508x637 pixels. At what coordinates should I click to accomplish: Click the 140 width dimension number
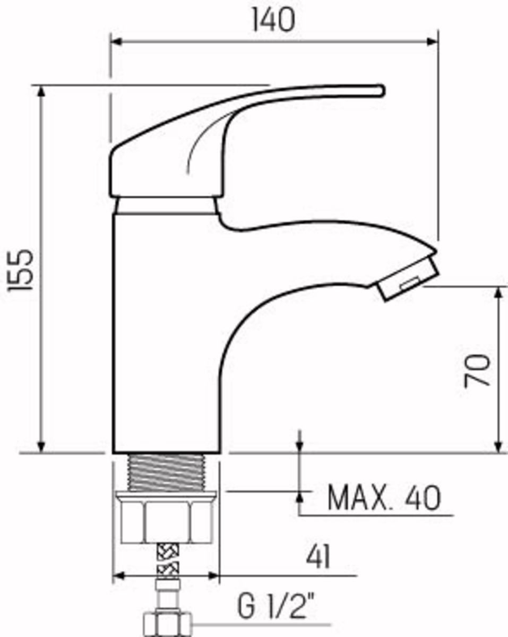pyautogui.click(x=273, y=20)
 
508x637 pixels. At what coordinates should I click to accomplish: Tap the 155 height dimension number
pyautogui.click(x=20, y=270)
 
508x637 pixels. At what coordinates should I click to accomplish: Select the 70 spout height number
pyautogui.click(x=476, y=371)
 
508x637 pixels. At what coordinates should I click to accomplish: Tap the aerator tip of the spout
pyautogui.click(x=407, y=279)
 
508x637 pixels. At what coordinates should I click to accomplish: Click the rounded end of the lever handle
pyautogui.click(x=381, y=90)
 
